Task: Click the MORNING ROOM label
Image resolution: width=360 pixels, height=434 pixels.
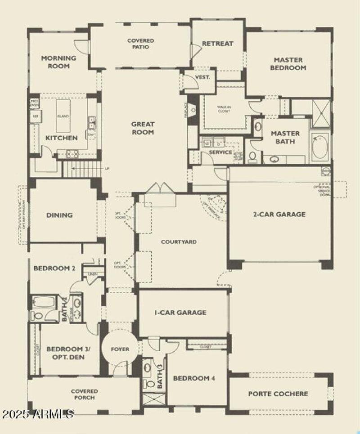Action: pos(58,62)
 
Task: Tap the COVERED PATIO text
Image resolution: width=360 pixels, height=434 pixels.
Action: pos(140,44)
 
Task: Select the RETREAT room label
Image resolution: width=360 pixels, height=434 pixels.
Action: pos(218,44)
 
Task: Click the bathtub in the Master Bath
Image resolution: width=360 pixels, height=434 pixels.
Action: pos(319,147)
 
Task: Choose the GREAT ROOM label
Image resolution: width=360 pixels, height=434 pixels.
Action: pos(143,128)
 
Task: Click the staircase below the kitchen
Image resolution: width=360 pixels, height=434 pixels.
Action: pos(81,170)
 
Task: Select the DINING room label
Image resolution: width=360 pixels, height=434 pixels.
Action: pos(59,215)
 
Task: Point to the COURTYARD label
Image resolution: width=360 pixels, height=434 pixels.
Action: pos(179,242)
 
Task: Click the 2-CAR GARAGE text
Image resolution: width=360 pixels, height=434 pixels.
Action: pos(279,214)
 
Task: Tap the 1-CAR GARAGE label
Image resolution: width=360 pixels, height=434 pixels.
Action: pos(180,312)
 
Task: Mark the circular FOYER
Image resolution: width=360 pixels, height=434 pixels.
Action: pos(120,349)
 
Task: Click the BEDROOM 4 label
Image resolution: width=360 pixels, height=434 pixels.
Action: pos(194,378)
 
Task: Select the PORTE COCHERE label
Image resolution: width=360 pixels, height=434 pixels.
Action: pos(278,394)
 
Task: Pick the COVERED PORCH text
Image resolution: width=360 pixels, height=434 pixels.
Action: pos(84,394)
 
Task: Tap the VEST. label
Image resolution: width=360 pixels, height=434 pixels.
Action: pos(203,77)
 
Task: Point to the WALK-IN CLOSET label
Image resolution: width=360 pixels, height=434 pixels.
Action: pos(224,110)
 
